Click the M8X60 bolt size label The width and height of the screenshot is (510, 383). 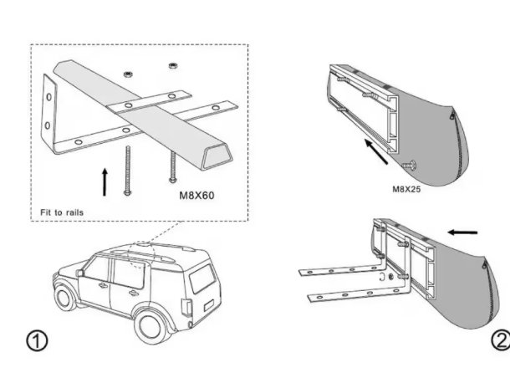pos(196,195)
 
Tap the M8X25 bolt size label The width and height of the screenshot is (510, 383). pos(406,189)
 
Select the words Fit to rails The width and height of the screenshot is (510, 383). pos(62,212)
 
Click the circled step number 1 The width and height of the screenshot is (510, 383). pos(37,340)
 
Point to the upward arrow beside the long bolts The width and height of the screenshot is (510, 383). pos(105,182)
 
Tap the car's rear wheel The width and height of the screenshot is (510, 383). pos(150,327)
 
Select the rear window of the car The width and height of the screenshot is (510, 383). pos(202,278)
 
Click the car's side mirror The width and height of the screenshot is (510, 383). pos(79,273)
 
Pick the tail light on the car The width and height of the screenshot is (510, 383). pos(186,307)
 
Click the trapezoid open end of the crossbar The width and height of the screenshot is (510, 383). pos(217,157)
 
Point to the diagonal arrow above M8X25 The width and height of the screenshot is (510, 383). pos(376,151)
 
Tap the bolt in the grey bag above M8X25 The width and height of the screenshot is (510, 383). pos(409,165)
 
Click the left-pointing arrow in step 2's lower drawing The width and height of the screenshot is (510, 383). pos(462,232)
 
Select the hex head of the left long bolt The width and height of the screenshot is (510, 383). pos(127,193)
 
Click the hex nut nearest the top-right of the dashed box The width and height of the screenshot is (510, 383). pos(173,66)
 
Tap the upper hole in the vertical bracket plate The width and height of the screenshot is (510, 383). pos(48,97)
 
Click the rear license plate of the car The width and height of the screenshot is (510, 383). pos(208,306)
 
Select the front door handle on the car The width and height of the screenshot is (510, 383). pos(103,285)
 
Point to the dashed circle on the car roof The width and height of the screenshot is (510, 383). pos(140,255)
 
